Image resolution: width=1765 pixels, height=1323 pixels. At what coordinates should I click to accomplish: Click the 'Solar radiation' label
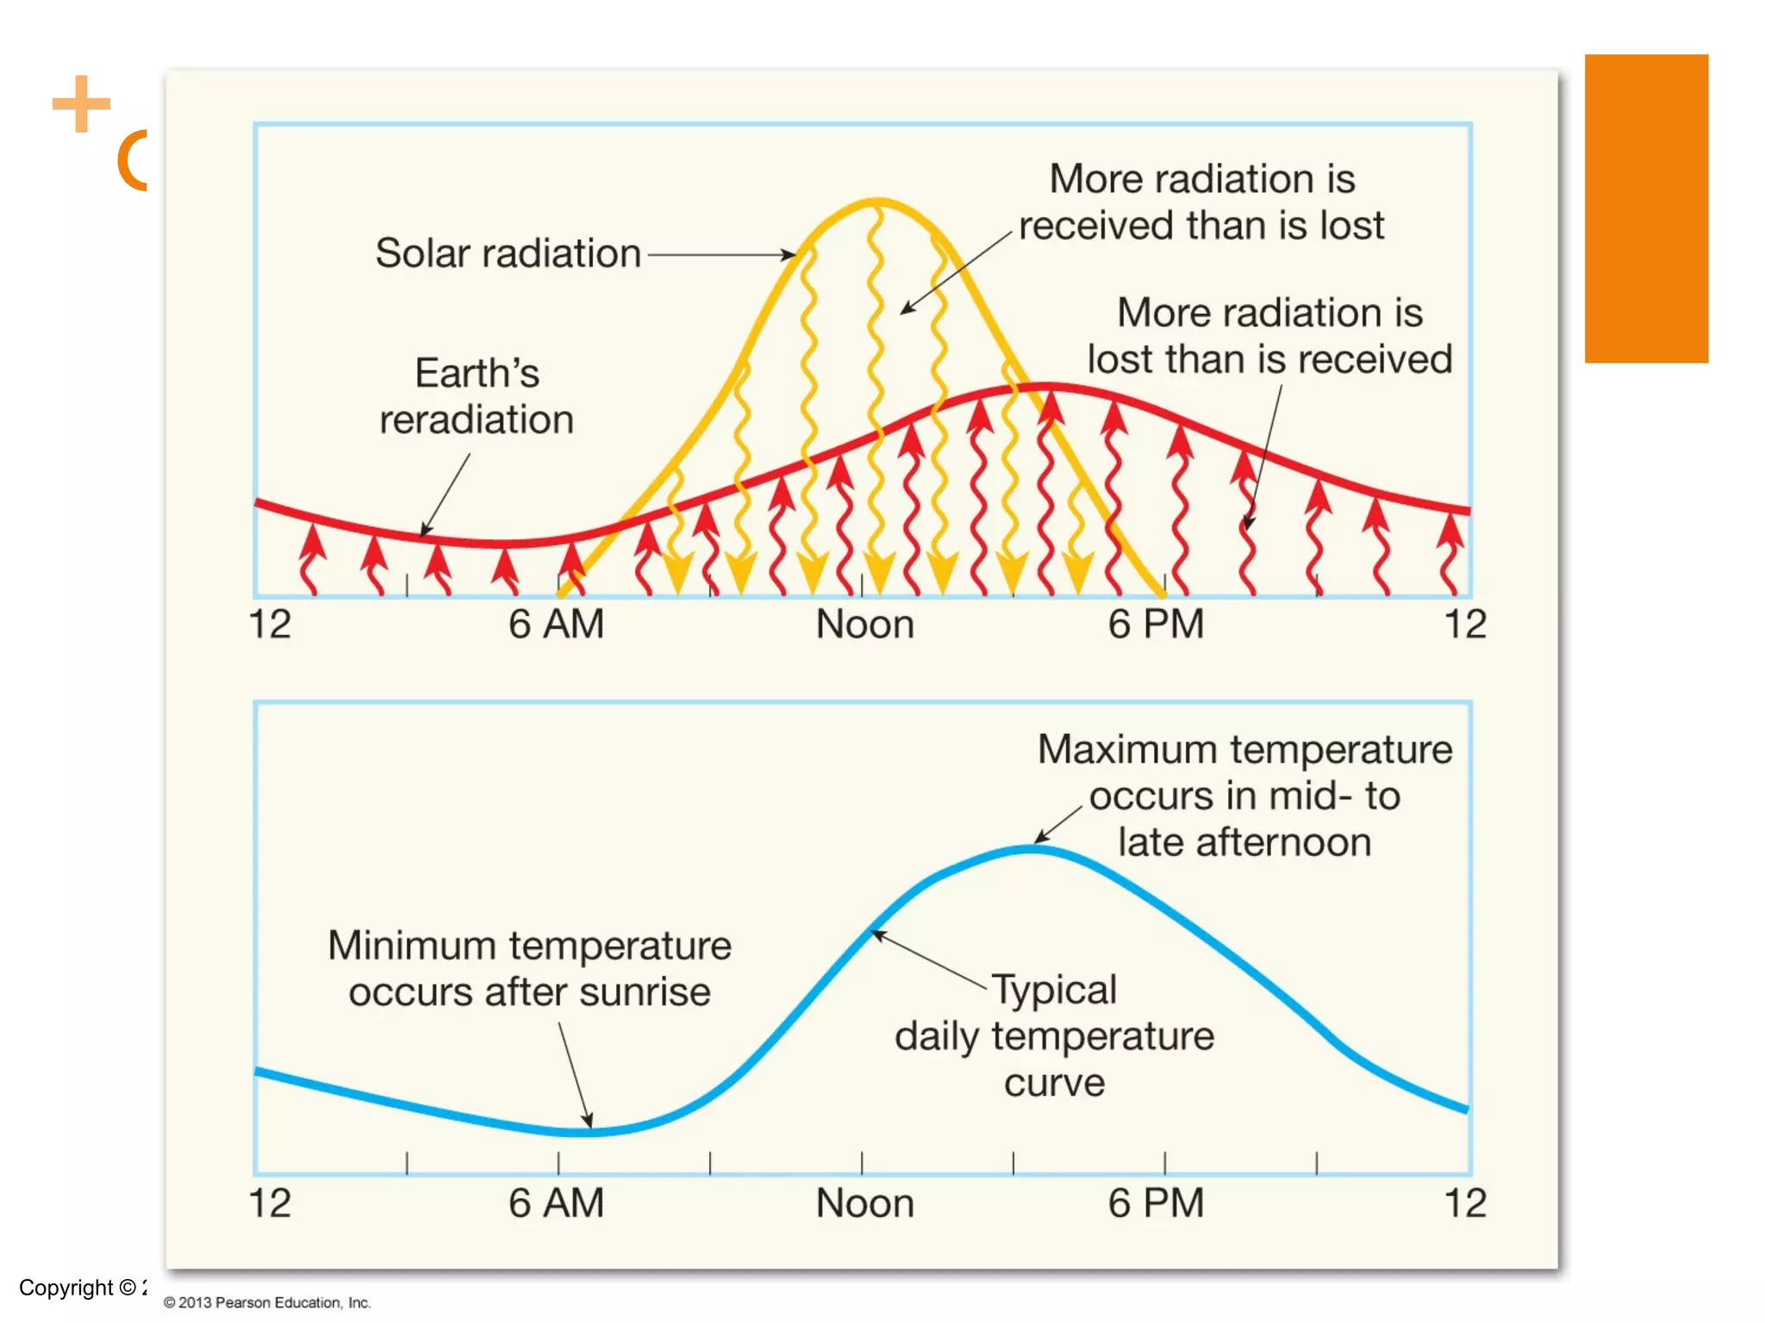508,253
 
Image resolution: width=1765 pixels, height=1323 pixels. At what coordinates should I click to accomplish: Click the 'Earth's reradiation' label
477,396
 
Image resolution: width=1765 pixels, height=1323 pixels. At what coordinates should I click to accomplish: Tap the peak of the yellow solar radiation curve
876,203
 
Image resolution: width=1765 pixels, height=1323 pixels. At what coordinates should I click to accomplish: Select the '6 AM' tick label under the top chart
556,624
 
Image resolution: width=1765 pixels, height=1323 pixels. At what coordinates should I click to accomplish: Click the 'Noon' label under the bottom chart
864,1202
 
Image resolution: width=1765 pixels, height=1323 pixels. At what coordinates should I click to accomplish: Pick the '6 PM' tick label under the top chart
1155,624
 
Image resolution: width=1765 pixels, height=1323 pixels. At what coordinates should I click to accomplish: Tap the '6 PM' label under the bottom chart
1155,1202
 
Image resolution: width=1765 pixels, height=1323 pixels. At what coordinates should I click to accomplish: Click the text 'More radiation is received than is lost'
1201,202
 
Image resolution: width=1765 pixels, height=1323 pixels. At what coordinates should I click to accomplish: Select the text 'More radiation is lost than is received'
1269,336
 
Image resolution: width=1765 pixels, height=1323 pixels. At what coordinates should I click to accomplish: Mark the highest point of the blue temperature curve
1032,849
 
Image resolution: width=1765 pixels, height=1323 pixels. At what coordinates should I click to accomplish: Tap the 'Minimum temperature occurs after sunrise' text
529,969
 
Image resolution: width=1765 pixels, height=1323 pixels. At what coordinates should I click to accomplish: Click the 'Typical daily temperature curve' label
1054,1036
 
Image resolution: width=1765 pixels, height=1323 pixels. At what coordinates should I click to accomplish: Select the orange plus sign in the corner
81,104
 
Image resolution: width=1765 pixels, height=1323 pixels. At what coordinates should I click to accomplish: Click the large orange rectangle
1645,208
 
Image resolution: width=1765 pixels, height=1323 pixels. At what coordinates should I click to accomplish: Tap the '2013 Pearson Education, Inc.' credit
267,1302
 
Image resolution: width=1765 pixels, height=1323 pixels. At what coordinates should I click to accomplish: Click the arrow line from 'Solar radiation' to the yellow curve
720,255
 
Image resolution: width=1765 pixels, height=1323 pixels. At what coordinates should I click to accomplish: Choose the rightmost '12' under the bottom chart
1464,1202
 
